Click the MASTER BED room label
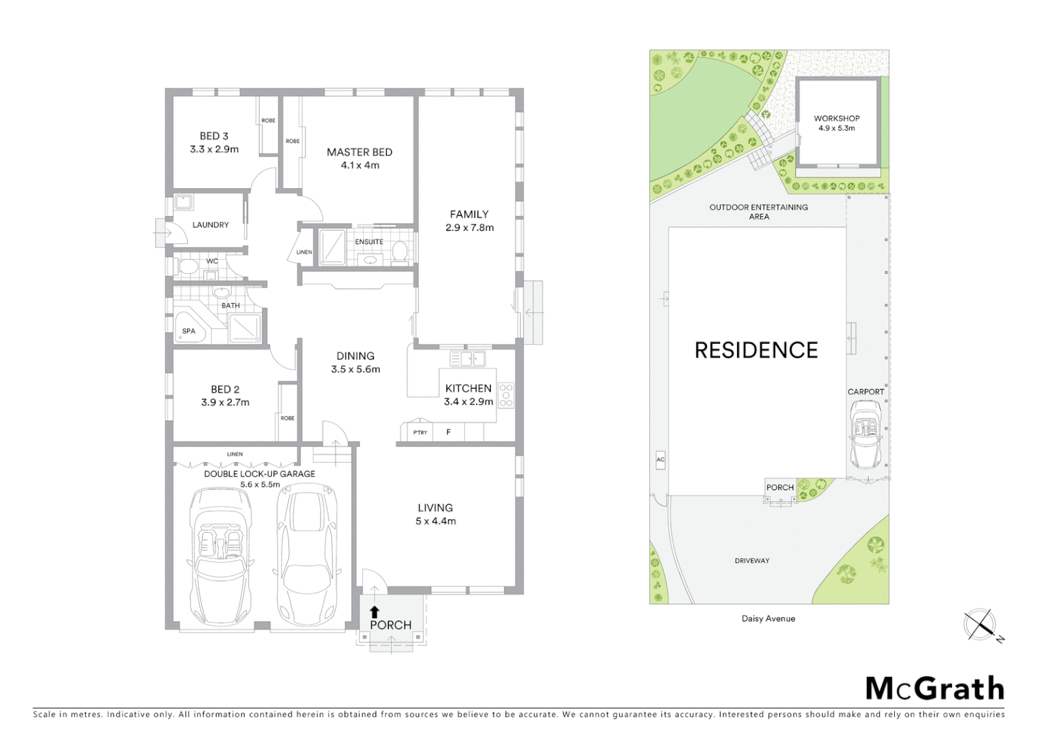pyautogui.click(x=359, y=152)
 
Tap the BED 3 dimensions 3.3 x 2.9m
pyautogui.click(x=214, y=150)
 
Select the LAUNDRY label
pyautogui.click(x=210, y=225)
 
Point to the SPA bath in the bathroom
pyautogui.click(x=188, y=331)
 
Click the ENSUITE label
pyautogui.click(x=369, y=242)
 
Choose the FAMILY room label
pyautogui.click(x=469, y=214)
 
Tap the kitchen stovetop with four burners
pyautogui.click(x=506, y=396)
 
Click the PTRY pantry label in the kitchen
pyautogui.click(x=420, y=432)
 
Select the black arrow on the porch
pyautogui.click(x=374, y=611)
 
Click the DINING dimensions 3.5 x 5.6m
pyautogui.click(x=356, y=370)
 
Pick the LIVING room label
pyautogui.click(x=435, y=508)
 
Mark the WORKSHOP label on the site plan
pyautogui.click(x=836, y=118)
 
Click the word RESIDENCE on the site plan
pyautogui.click(x=756, y=350)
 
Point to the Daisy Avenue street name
pyautogui.click(x=768, y=618)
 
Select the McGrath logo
pyautogui.click(x=935, y=688)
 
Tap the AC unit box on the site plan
pyautogui.click(x=660, y=460)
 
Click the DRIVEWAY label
pyautogui.click(x=752, y=561)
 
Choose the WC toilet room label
pyautogui.click(x=212, y=261)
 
